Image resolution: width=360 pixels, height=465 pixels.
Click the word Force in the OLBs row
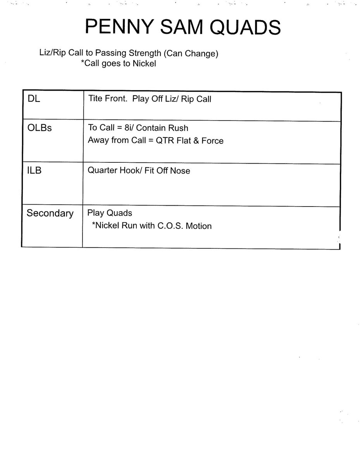click(x=212, y=140)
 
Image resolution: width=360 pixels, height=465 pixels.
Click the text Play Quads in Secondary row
click(x=110, y=213)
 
